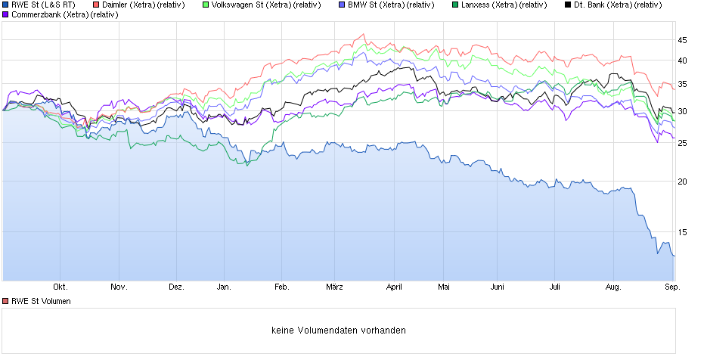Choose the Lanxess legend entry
click(x=504, y=5)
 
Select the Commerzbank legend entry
click(x=64, y=14)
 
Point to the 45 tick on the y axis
click(x=682, y=39)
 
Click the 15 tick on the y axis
click(x=682, y=233)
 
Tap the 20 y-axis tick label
click(x=682, y=182)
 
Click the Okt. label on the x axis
click(x=60, y=287)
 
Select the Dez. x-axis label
click(x=176, y=287)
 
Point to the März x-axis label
click(x=335, y=287)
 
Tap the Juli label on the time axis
click(x=554, y=287)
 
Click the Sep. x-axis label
click(x=672, y=287)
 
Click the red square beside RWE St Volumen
click(x=6, y=301)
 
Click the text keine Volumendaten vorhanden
click(x=338, y=331)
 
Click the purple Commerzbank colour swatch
click(x=6, y=14)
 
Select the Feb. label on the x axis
click(x=281, y=287)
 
